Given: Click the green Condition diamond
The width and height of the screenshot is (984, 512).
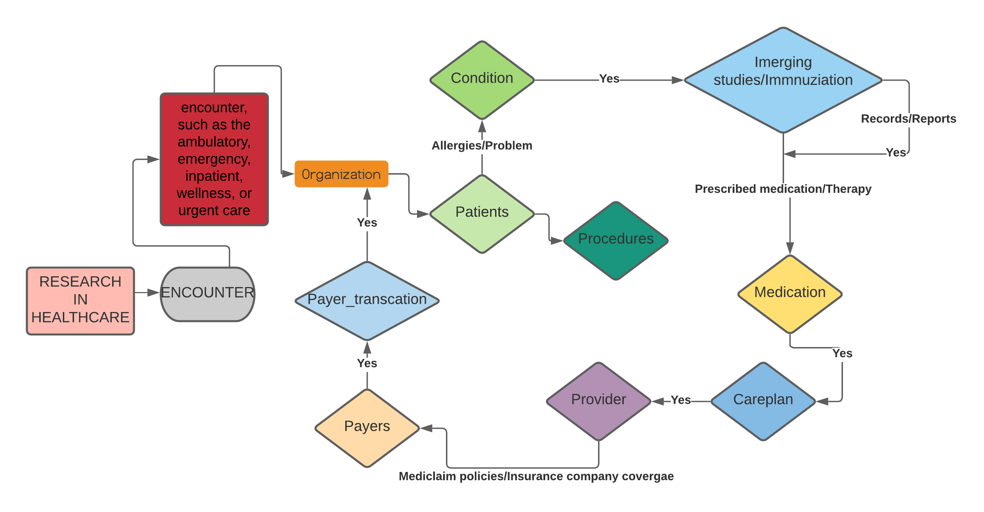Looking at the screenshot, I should [x=482, y=80].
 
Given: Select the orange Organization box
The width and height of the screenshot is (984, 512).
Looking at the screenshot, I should [x=341, y=174].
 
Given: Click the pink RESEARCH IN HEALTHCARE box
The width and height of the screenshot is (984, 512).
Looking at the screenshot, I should [x=80, y=301].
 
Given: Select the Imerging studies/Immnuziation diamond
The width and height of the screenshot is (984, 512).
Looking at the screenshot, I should [x=783, y=80].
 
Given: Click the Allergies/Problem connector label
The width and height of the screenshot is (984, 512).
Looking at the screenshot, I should [x=482, y=146].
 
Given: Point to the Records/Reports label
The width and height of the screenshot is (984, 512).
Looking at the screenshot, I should [x=908, y=119].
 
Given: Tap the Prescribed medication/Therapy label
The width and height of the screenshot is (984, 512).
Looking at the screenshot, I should [x=783, y=189].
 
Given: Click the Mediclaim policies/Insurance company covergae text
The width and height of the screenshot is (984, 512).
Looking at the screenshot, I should [x=536, y=476].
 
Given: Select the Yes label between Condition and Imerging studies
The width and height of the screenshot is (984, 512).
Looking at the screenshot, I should [x=609, y=79].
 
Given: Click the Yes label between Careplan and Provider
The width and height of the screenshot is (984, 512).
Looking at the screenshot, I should [x=681, y=400].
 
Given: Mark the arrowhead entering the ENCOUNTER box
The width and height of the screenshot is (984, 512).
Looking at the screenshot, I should [x=154, y=293].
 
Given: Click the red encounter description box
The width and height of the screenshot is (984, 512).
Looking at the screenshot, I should [x=214, y=159].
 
